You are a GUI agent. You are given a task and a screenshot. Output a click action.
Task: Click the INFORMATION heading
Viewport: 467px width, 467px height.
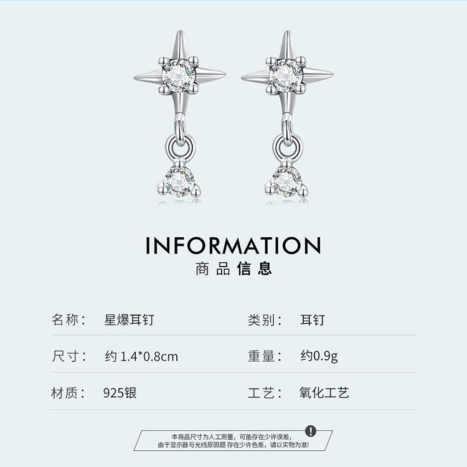pyautogui.click(x=233, y=245)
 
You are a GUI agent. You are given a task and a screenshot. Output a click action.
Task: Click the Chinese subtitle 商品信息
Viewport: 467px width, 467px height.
pyautogui.click(x=233, y=269)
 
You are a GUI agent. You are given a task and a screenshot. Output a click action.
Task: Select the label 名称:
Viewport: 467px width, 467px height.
pyautogui.click(x=68, y=321)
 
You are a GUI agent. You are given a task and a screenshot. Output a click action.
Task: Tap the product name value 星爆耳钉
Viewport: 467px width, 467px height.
pyautogui.click(x=128, y=321)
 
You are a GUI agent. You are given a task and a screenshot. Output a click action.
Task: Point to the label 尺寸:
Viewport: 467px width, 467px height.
pyautogui.click(x=68, y=356)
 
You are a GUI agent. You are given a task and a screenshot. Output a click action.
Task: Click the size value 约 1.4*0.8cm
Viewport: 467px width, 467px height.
pyautogui.click(x=141, y=356)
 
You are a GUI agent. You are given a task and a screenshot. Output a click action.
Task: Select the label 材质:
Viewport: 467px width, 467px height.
pyautogui.click(x=68, y=393)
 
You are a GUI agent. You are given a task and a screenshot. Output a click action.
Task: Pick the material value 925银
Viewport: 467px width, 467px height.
pyautogui.click(x=120, y=393)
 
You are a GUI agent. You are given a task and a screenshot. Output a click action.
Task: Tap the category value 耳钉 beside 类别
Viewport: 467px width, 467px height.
pyautogui.click(x=312, y=321)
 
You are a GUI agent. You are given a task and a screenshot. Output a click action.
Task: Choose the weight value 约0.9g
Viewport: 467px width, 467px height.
pyautogui.click(x=319, y=356)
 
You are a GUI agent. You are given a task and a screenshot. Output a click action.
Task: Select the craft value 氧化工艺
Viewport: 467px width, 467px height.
pyautogui.click(x=324, y=393)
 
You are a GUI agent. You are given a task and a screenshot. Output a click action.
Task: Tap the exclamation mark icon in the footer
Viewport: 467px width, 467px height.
pyautogui.click(x=311, y=431)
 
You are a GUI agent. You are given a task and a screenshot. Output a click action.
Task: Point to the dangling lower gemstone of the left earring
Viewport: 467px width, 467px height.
pyautogui.click(x=180, y=181)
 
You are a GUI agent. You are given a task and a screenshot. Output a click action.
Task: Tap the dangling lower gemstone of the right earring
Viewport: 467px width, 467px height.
pyautogui.click(x=286, y=181)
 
